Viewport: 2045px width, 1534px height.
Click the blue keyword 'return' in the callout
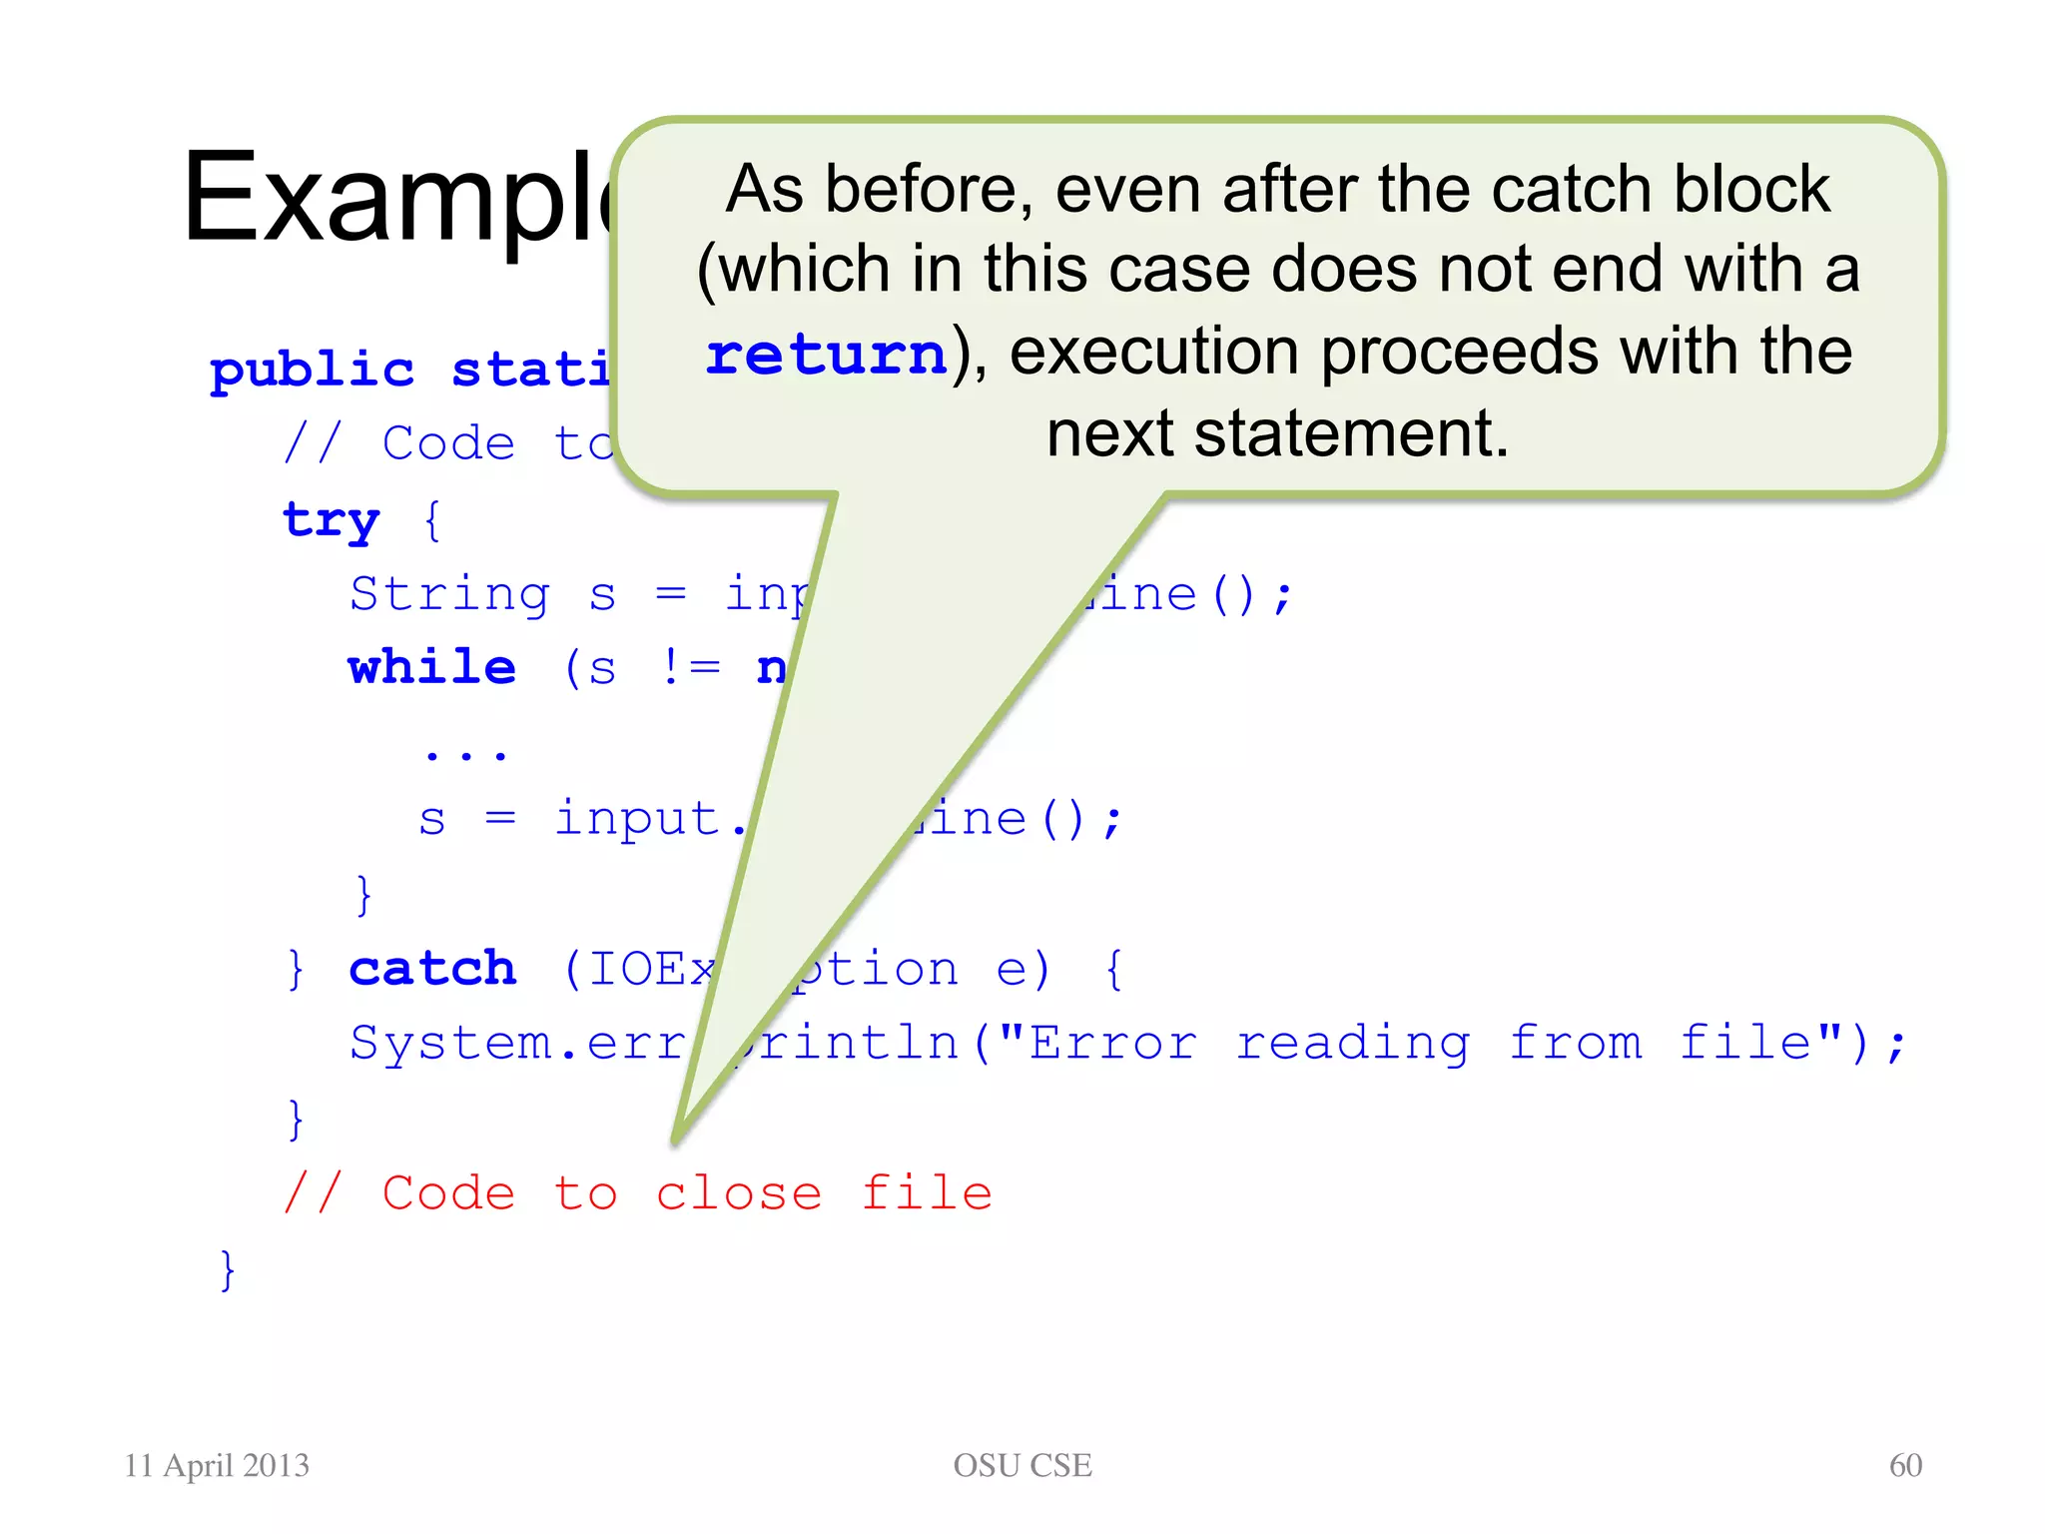(826, 355)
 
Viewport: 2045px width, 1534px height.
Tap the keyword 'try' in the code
(332, 520)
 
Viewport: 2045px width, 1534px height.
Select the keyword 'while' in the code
(432, 667)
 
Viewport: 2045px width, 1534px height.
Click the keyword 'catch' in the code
(432, 969)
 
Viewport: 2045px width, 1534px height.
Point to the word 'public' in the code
(312, 371)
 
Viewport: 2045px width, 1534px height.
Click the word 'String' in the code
(449, 594)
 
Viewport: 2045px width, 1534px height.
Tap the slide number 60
(1905, 1465)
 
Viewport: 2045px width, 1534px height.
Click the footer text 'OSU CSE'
(1022, 1465)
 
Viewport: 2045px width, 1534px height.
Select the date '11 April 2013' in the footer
(217, 1465)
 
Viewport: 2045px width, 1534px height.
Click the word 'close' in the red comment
(739, 1193)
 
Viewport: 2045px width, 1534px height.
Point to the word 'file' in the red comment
(927, 1193)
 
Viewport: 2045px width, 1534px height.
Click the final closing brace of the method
(228, 1269)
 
